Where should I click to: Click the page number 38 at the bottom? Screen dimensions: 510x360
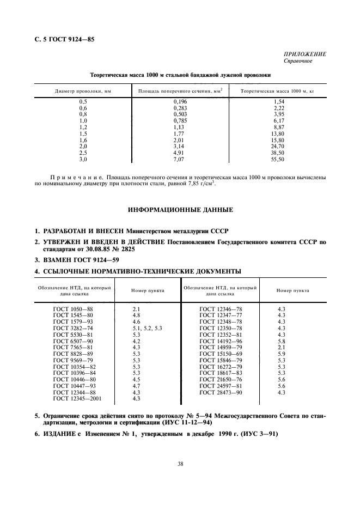[x=180, y=464]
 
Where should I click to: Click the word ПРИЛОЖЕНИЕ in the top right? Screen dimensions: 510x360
[x=304, y=54]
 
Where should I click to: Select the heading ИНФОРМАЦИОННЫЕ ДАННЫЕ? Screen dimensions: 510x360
[x=180, y=209]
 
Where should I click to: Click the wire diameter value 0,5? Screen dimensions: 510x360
[x=83, y=102]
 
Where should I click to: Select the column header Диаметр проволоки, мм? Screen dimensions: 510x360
[x=83, y=91]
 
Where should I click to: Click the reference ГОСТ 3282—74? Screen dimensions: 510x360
[x=73, y=329]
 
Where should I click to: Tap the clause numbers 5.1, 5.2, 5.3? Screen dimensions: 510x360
[x=148, y=329]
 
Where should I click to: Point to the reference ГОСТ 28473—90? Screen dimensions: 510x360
[x=221, y=392]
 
